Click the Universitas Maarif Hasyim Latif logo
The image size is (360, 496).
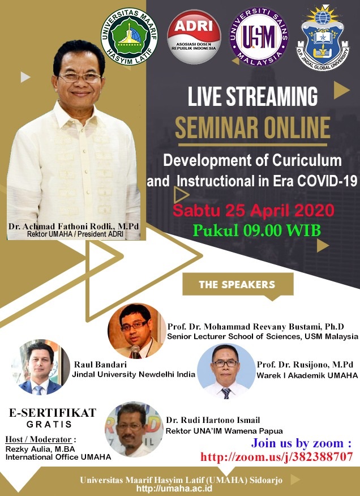129,36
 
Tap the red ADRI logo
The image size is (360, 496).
194,36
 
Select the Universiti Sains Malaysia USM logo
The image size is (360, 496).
259,36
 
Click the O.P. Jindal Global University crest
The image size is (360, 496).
323,37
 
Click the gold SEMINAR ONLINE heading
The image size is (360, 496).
252,127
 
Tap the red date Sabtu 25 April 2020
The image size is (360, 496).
254,211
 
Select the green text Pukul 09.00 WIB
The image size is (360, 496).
256,230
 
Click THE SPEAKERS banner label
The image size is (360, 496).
237,284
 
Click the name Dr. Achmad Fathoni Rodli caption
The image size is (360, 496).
74,226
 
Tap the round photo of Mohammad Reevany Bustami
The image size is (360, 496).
136,331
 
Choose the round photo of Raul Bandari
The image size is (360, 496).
41,367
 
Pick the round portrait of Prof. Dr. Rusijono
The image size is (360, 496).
226,371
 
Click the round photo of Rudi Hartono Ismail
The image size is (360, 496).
134,429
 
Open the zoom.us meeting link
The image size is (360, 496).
276,456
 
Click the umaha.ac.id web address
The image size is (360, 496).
174,488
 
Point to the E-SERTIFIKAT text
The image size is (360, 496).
53,413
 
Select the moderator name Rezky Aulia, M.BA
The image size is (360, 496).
40,449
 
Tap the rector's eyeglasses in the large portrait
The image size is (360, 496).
80,77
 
